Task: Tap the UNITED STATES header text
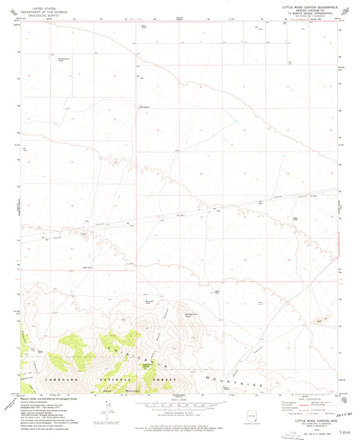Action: point(36,4)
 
